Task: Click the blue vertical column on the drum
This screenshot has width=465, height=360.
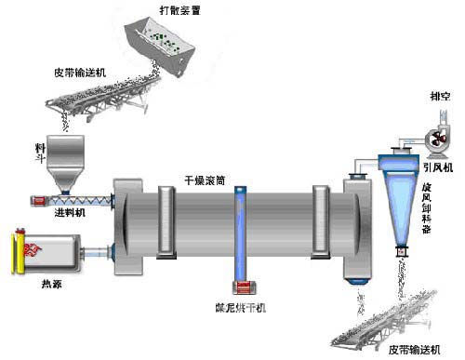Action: pos(242,233)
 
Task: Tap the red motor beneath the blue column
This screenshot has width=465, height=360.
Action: pos(242,289)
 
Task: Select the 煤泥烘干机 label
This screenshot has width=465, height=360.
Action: pos(238,306)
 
